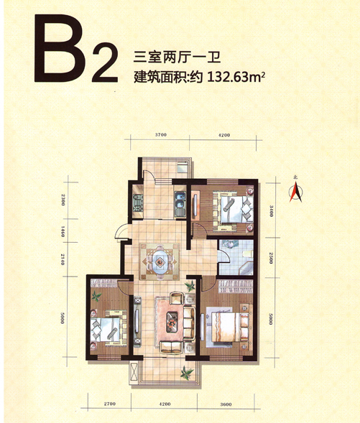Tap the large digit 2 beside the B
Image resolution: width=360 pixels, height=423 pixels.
pyautogui.click(x=105, y=62)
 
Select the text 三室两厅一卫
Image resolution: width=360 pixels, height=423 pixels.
pyautogui.click(x=177, y=57)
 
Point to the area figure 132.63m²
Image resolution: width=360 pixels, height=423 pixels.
pyautogui.click(x=236, y=78)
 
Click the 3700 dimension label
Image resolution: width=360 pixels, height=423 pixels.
pyautogui.click(x=160, y=134)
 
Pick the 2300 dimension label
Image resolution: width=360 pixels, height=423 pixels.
pyautogui.click(x=63, y=200)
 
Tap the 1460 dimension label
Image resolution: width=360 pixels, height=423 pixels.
pyautogui.click(x=63, y=231)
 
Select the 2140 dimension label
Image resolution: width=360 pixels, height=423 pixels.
pyautogui.click(x=63, y=259)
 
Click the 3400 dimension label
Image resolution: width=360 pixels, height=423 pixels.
pyautogui.click(x=271, y=210)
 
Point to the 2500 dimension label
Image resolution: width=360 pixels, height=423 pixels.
pyautogui.click(x=271, y=258)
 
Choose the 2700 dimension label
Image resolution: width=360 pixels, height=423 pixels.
pyautogui.click(x=109, y=404)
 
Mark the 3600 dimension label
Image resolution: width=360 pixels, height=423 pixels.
pyautogui.click(x=226, y=404)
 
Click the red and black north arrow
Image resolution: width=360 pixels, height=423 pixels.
pyautogui.click(x=296, y=192)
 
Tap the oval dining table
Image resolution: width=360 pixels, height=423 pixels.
pyautogui.click(x=160, y=261)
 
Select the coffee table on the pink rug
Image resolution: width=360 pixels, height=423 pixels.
pyautogui.click(x=172, y=322)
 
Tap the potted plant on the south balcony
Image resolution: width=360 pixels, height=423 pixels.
pyautogui.click(x=187, y=373)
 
